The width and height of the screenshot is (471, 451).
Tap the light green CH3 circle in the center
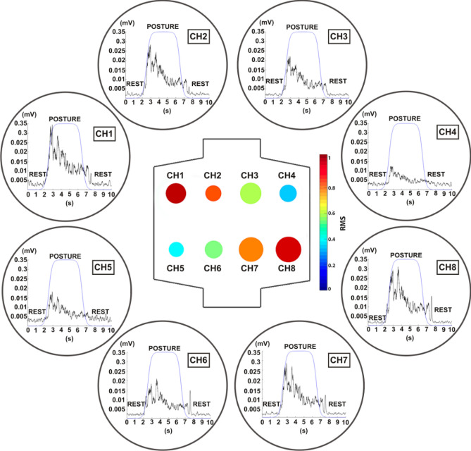pos(251,192)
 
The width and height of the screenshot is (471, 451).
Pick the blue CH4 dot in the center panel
pos(287,192)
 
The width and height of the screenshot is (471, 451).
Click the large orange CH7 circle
pos(251,249)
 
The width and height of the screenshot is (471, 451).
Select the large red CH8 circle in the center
pos(287,249)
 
